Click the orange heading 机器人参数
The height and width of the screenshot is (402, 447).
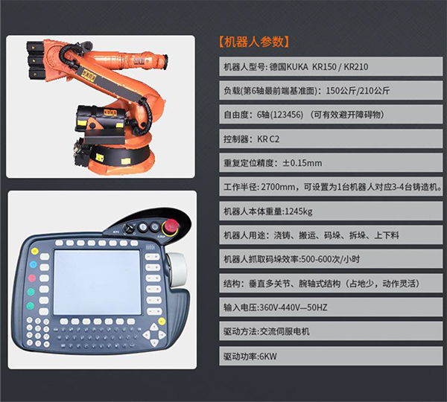(254, 42)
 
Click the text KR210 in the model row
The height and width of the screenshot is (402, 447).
(356, 67)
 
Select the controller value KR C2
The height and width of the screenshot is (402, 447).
(268, 139)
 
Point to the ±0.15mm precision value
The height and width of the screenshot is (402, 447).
(302, 163)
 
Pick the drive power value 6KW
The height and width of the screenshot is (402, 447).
(268, 356)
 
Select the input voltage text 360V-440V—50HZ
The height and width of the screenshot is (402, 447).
(294, 307)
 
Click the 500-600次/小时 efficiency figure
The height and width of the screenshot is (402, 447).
(330, 259)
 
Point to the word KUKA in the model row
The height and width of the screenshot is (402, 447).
(297, 67)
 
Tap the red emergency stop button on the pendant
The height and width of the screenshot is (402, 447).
(170, 226)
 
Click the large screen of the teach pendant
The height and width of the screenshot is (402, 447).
(98, 282)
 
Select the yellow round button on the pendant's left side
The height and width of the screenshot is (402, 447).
(34, 252)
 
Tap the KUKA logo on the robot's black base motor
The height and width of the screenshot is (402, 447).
(110, 112)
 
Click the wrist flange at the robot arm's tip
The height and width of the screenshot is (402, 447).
(165, 62)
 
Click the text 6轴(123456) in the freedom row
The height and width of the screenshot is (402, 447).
(280, 115)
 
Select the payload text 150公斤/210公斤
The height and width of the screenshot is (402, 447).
(358, 91)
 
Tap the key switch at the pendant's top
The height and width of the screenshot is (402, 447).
(129, 227)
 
